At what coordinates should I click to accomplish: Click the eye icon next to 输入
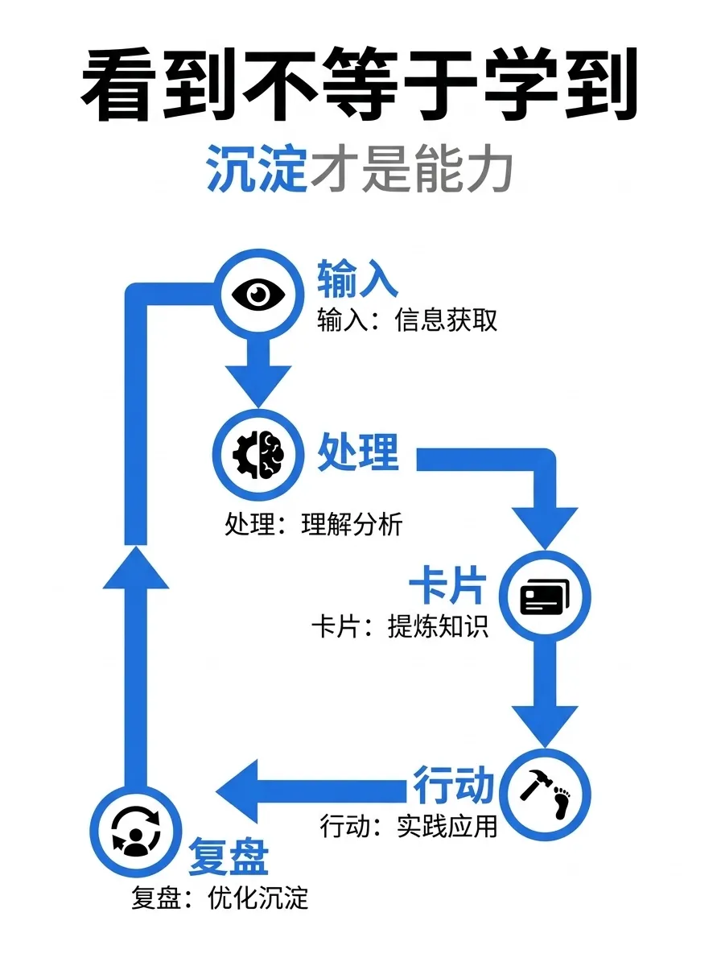point(259,295)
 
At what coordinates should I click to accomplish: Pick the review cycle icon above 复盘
point(136,830)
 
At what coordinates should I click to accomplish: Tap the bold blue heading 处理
point(358,452)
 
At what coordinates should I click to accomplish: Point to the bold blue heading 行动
point(453,783)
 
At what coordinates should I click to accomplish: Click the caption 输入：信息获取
point(407,320)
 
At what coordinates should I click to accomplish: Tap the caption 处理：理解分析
point(313,525)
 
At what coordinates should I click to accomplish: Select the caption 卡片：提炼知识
point(400,627)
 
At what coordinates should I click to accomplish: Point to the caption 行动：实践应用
point(408,826)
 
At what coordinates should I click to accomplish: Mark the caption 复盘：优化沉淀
point(220,898)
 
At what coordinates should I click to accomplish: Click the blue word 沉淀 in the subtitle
point(257,169)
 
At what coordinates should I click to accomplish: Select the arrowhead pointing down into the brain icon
point(258,386)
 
